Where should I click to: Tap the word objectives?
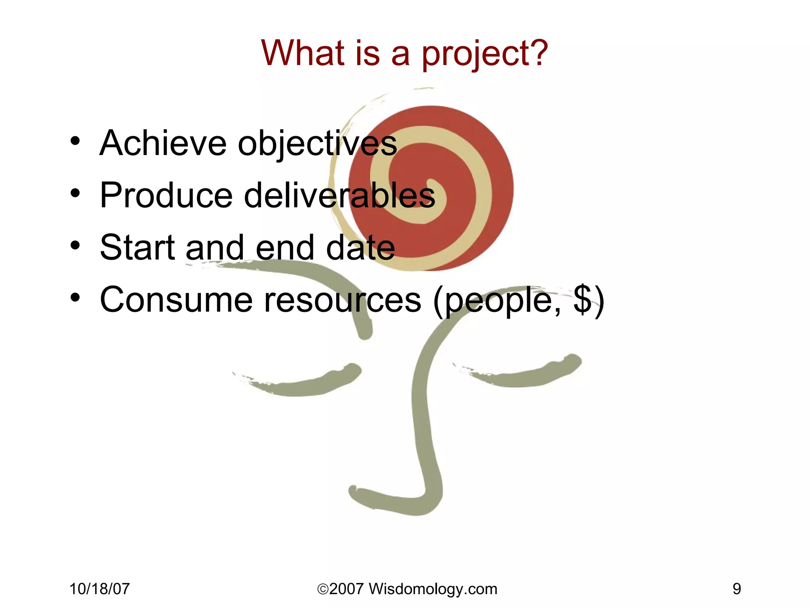pyautogui.click(x=317, y=144)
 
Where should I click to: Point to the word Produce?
pyautogui.click(x=166, y=195)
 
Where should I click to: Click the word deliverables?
pyautogui.click(x=339, y=195)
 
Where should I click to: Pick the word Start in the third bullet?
pyautogui.click(x=137, y=247)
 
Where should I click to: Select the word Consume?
pyautogui.click(x=176, y=300)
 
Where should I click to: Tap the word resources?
pyautogui.click(x=343, y=300)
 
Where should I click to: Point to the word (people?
pyautogui.click(x=497, y=301)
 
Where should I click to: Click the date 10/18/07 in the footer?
pyautogui.click(x=100, y=589)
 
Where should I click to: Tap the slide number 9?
pyautogui.click(x=736, y=589)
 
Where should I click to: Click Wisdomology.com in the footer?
pyautogui.click(x=433, y=589)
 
